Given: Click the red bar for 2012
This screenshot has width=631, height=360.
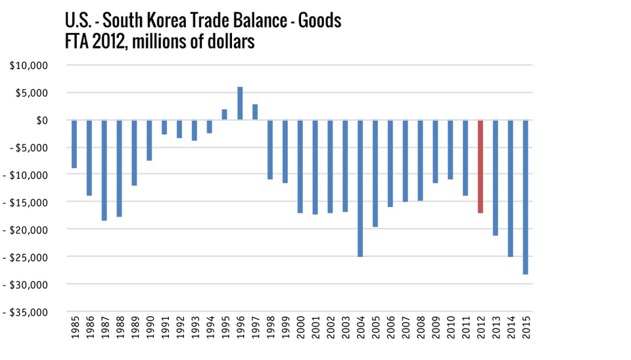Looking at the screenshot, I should point(480,166).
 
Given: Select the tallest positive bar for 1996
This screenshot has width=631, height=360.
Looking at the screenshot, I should point(240,103).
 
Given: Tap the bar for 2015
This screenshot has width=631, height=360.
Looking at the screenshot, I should point(526,196).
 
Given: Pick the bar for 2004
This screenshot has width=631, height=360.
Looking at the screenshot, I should point(360,188).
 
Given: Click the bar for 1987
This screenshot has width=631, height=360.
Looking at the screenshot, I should point(104,169).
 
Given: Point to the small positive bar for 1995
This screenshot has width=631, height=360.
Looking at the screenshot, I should point(224,114).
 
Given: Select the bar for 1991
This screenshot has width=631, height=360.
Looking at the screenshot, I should point(164,127).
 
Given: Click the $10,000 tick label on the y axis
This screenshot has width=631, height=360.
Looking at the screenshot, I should point(31,66).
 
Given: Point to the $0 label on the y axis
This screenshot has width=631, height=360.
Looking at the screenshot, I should point(40,120).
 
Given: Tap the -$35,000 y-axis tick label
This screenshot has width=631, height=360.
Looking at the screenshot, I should point(27,312).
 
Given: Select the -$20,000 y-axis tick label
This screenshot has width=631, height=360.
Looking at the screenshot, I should point(27,230).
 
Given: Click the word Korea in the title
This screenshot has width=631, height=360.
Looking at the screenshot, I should point(169,21).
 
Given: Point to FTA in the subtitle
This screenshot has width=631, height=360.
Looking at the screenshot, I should point(60,42).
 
